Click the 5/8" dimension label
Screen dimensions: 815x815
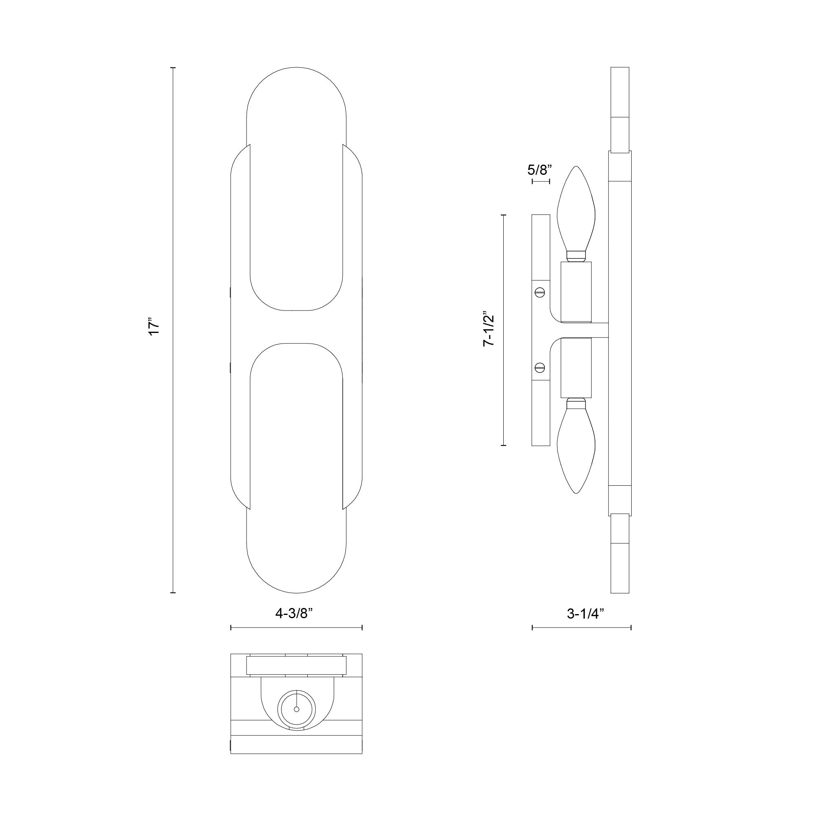[540, 170]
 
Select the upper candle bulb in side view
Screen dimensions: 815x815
[576, 211]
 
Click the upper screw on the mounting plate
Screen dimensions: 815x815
[540, 291]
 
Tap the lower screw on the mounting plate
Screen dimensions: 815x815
[540, 368]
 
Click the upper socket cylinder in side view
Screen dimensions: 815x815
[576, 291]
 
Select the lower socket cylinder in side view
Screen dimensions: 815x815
[576, 368]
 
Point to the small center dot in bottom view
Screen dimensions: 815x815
[296, 709]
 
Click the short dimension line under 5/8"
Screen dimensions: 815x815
[541, 182]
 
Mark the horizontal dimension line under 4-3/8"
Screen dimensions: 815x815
[296, 639]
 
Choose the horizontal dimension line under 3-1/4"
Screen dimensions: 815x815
[582, 639]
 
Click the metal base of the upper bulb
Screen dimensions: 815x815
[576, 255]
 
